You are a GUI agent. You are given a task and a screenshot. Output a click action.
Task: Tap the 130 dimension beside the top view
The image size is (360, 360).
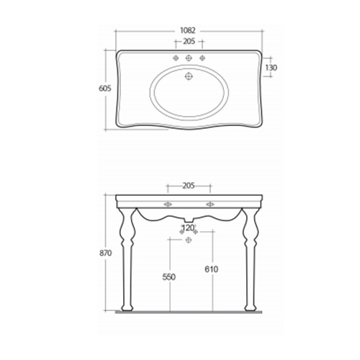(x=272, y=68)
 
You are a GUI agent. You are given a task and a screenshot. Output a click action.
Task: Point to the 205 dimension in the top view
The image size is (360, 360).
(x=188, y=42)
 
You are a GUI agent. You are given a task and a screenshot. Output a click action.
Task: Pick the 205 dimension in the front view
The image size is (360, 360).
(x=188, y=185)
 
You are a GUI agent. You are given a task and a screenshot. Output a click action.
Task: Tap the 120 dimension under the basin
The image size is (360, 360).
(x=188, y=228)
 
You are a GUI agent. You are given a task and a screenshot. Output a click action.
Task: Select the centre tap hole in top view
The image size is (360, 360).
(x=188, y=58)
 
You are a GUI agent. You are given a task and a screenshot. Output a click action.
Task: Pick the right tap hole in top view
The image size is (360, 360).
(x=202, y=58)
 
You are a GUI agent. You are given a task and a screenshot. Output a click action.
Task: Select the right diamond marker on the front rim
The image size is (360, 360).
(x=210, y=204)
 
